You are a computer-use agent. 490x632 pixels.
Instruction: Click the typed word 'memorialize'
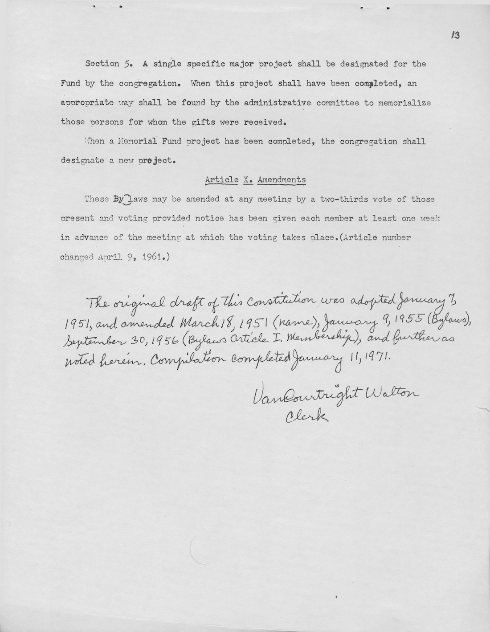pos(404,103)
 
